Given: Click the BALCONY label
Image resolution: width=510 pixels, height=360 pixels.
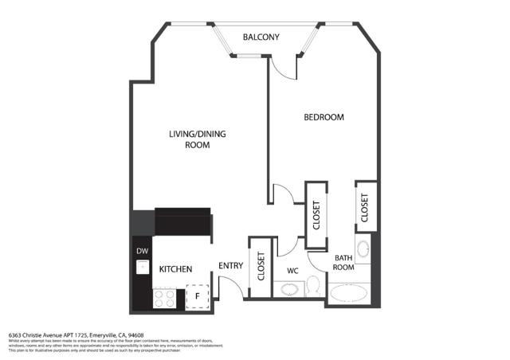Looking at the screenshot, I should (x=261, y=37).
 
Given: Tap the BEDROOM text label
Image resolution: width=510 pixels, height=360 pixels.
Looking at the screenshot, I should (x=324, y=117).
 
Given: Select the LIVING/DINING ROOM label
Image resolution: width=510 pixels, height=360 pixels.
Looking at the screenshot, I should (x=197, y=139).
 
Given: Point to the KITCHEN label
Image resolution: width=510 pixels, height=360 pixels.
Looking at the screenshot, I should (x=175, y=270).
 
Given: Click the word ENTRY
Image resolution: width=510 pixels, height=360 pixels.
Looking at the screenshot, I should (x=231, y=267).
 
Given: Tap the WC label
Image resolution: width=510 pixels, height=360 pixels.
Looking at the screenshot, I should (x=292, y=270).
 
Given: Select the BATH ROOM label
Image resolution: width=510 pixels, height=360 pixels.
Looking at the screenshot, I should (x=343, y=263).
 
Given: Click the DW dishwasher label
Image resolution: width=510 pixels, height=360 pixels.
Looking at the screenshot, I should (x=142, y=252).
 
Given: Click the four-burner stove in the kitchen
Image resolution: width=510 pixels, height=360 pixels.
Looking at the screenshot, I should (x=164, y=299).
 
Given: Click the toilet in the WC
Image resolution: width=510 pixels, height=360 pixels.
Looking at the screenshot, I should (x=314, y=286).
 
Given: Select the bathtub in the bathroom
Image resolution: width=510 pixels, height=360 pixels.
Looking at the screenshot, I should (x=349, y=295).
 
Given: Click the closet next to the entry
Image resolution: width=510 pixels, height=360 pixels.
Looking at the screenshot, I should (x=261, y=268).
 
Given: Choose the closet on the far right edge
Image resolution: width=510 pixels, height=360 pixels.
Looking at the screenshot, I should (x=365, y=207).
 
